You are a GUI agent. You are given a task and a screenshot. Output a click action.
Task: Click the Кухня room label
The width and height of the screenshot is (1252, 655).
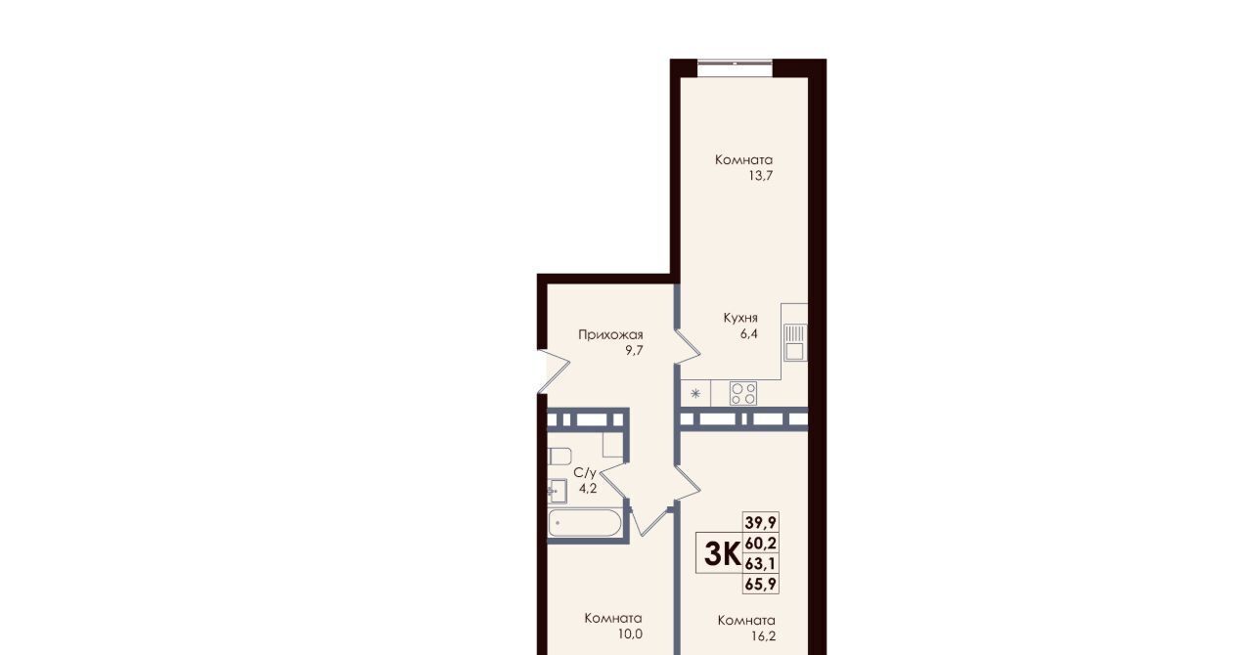(x=740, y=318)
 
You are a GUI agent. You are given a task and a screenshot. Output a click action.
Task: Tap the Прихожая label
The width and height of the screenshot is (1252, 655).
(x=610, y=334)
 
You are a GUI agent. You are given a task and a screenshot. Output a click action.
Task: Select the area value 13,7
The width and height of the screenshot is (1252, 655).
(x=761, y=176)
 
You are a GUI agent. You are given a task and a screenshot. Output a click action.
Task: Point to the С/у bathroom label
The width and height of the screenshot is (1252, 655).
(x=585, y=473)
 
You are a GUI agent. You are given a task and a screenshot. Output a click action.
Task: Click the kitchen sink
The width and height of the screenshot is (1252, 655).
(x=794, y=342)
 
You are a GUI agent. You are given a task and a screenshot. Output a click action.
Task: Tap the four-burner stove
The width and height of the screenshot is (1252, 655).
(x=743, y=393)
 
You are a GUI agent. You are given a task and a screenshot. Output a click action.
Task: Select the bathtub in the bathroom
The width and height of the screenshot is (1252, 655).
(x=585, y=523)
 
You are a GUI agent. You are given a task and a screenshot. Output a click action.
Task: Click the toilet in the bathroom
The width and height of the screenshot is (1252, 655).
(x=559, y=456)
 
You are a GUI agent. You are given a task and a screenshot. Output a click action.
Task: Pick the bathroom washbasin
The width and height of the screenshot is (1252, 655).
(x=558, y=491)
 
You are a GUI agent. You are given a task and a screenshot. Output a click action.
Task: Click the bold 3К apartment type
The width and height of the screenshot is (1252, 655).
(x=722, y=554)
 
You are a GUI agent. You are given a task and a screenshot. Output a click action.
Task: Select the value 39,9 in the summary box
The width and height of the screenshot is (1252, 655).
(x=761, y=523)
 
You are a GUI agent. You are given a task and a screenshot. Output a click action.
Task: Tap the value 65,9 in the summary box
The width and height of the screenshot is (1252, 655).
(x=761, y=584)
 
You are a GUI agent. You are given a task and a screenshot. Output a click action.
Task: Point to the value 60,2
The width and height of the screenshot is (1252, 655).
(x=761, y=543)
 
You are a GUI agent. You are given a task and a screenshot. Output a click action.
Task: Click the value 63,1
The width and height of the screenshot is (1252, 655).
(x=761, y=563)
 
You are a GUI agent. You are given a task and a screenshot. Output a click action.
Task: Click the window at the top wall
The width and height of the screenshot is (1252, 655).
(x=735, y=67)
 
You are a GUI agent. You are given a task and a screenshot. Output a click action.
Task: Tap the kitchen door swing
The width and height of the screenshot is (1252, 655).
(x=688, y=347)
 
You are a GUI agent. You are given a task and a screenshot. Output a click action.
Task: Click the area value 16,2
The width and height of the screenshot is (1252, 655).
(x=764, y=636)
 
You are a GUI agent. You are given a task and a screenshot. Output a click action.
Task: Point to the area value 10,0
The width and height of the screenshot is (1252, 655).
(x=631, y=634)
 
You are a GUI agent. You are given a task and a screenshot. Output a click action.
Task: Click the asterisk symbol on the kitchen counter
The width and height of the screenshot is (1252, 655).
(x=695, y=393)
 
